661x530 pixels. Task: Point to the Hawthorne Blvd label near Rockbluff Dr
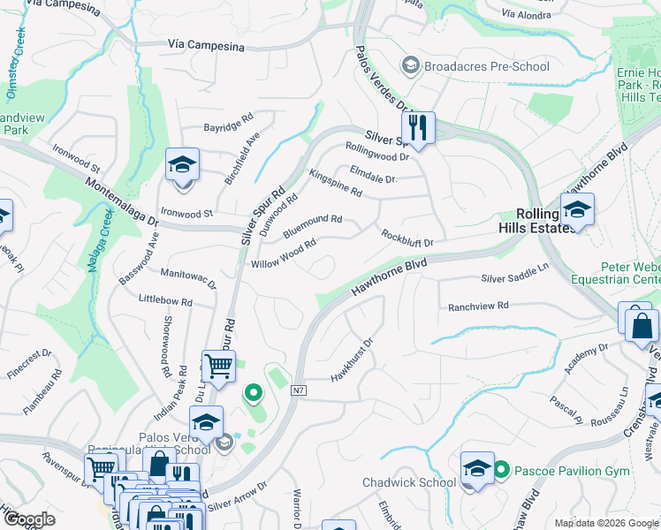[389, 277]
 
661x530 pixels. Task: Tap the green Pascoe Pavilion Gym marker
[501, 470]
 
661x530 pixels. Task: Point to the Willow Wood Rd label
[284, 254]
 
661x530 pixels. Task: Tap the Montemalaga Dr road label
[122, 201]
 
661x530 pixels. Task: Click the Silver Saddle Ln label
[514, 278]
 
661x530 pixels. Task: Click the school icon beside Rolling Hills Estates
[577, 210]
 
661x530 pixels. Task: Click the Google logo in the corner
[29, 519]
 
